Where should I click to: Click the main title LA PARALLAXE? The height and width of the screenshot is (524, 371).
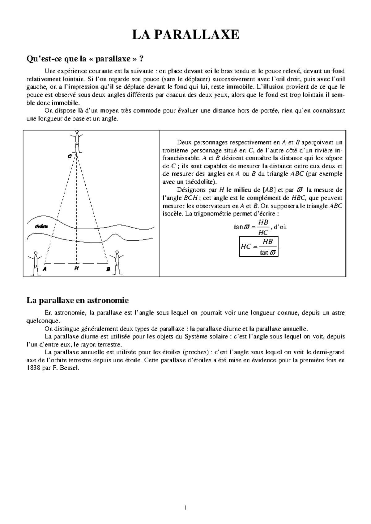pyautogui.click(x=185, y=35)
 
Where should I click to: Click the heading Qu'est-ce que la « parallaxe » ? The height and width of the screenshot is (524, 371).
pyautogui.click(x=85, y=59)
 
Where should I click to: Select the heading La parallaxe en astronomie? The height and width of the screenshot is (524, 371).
pyautogui.click(x=77, y=300)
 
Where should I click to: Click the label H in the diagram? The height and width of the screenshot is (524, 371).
pyautogui.click(x=76, y=268)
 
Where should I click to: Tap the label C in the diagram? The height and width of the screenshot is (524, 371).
pyautogui.click(x=70, y=156)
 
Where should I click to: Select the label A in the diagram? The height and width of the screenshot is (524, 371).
pyautogui.click(x=45, y=269)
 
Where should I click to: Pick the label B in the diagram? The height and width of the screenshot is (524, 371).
pyautogui.click(x=108, y=269)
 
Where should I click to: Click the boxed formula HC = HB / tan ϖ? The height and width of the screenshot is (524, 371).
pyautogui.click(x=259, y=247)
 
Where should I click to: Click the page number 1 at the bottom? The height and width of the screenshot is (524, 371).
pyautogui.click(x=185, y=508)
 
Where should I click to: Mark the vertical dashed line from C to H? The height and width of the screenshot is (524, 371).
pyautogui.click(x=76, y=210)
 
